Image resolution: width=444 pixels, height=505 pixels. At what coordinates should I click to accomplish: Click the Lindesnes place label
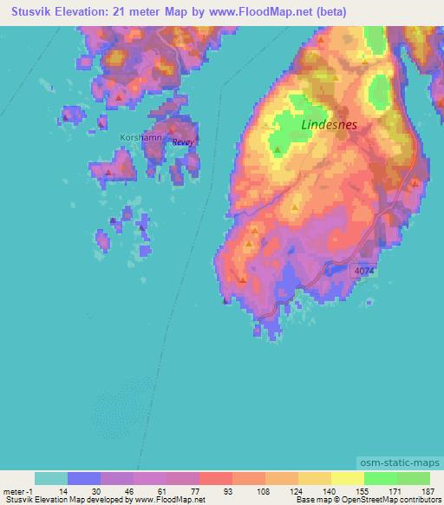(329, 124)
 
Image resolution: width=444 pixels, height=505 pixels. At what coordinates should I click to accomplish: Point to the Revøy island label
(182, 142)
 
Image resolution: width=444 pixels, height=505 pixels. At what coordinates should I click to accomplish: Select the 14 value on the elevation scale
(64, 490)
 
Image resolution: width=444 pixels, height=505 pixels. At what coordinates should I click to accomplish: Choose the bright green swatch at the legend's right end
(414, 478)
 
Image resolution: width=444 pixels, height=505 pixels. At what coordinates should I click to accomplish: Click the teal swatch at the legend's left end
(51, 478)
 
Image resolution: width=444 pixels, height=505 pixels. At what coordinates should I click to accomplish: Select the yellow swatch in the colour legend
(348, 478)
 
